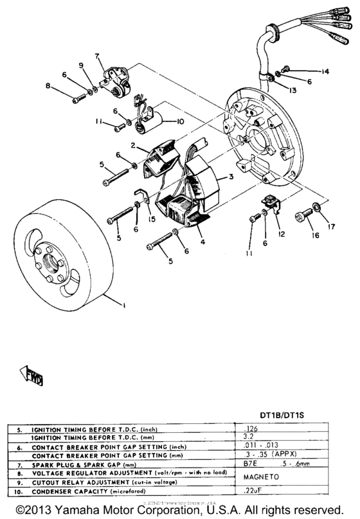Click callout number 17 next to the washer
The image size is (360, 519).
pyautogui.click(x=332, y=225)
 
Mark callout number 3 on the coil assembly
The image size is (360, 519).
pyautogui.click(x=230, y=177)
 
